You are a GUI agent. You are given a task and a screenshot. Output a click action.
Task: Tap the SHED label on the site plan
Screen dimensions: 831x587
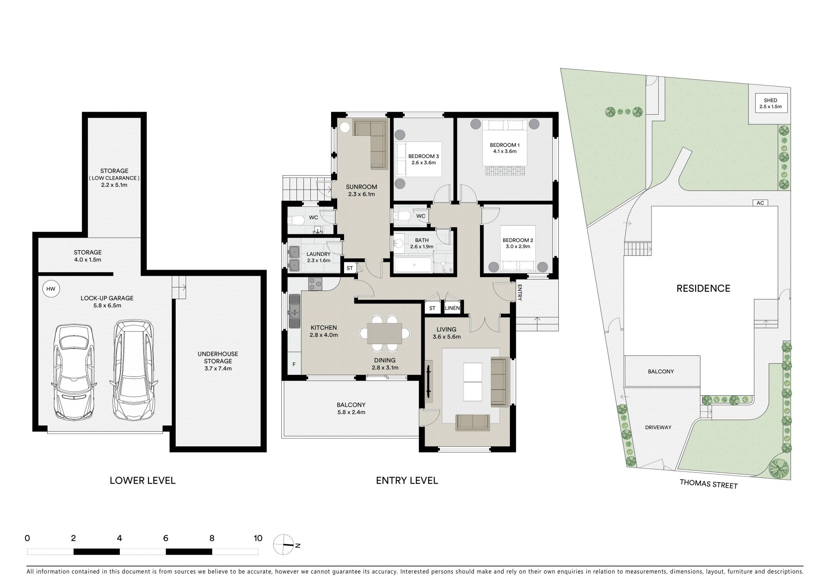(x=771, y=100)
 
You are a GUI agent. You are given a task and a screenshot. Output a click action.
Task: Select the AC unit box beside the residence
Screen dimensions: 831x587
(x=760, y=203)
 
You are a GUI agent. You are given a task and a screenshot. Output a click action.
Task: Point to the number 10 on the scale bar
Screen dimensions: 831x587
(x=258, y=539)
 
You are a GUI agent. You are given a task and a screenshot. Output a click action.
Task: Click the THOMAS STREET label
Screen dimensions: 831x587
(x=709, y=484)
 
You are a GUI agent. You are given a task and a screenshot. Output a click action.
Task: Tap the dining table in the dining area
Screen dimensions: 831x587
(x=385, y=333)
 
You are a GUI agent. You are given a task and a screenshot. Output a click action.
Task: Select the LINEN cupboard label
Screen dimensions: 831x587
(x=452, y=308)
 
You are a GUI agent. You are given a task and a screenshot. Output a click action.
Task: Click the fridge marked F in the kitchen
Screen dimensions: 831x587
(x=294, y=364)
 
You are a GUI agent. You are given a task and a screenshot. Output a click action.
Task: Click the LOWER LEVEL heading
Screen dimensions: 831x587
(x=142, y=481)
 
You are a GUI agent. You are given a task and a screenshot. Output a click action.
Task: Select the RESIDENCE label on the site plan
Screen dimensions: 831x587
(x=703, y=288)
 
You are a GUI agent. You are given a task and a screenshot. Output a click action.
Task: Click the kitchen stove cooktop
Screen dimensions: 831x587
(x=315, y=284)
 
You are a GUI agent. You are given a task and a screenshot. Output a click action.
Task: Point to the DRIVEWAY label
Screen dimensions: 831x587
(x=658, y=427)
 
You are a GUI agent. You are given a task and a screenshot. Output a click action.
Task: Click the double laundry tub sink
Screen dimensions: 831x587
(x=294, y=258)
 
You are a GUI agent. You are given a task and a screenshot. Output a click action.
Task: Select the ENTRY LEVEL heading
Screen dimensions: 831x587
(x=407, y=481)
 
